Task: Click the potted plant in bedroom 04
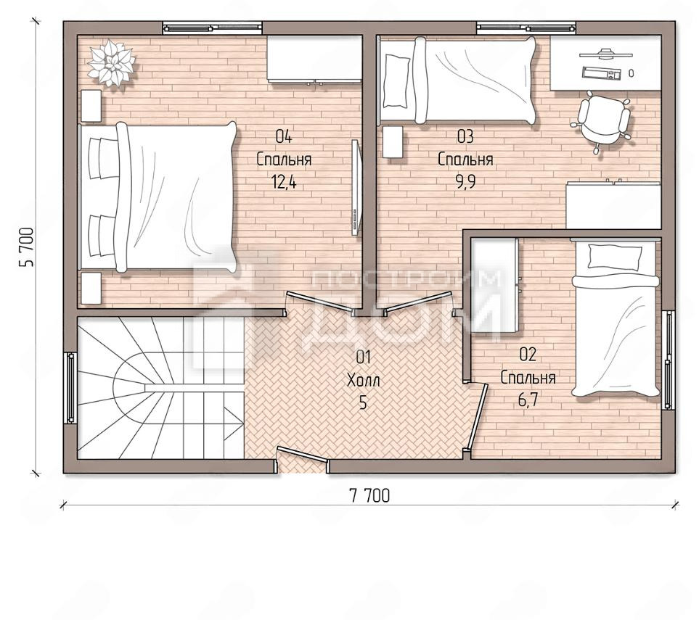[111, 62]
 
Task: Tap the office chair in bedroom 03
[602, 120]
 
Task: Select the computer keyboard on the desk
[602, 73]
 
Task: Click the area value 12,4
[284, 182]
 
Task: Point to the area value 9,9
[465, 182]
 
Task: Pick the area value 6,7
[528, 400]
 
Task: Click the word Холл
[364, 381]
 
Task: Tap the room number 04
[284, 136]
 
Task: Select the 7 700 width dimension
[369, 495]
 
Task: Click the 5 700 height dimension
[26, 247]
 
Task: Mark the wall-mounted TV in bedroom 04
[355, 188]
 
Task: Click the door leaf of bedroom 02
[477, 417]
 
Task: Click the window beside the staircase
[70, 387]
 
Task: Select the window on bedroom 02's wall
[668, 360]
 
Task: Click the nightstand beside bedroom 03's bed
[393, 141]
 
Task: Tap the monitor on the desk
[605, 54]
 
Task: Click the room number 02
[528, 355]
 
